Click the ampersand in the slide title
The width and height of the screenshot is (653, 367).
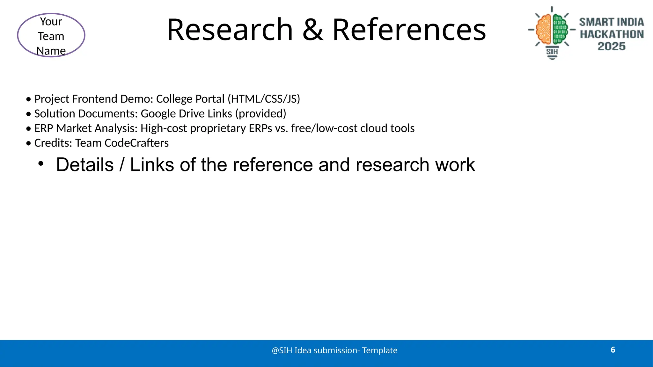point(312,30)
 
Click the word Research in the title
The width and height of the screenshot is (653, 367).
point(230,30)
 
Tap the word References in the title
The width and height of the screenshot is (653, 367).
point(409,30)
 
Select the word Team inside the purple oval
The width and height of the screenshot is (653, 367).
point(51,36)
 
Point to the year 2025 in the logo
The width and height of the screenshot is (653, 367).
point(611,47)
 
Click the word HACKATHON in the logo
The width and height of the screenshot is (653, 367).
point(612,34)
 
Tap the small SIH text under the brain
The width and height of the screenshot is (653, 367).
point(552,52)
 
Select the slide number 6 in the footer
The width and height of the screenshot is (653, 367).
point(613,350)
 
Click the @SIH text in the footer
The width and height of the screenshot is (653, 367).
point(282,350)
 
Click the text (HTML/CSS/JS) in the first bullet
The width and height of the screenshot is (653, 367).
point(264,99)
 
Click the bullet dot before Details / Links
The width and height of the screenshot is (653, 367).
point(40,164)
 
